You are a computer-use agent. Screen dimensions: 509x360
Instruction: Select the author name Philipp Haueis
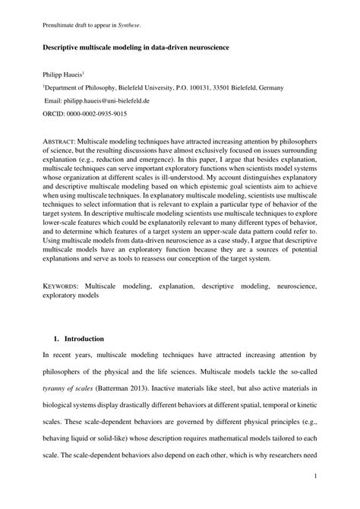pos(62,75)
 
